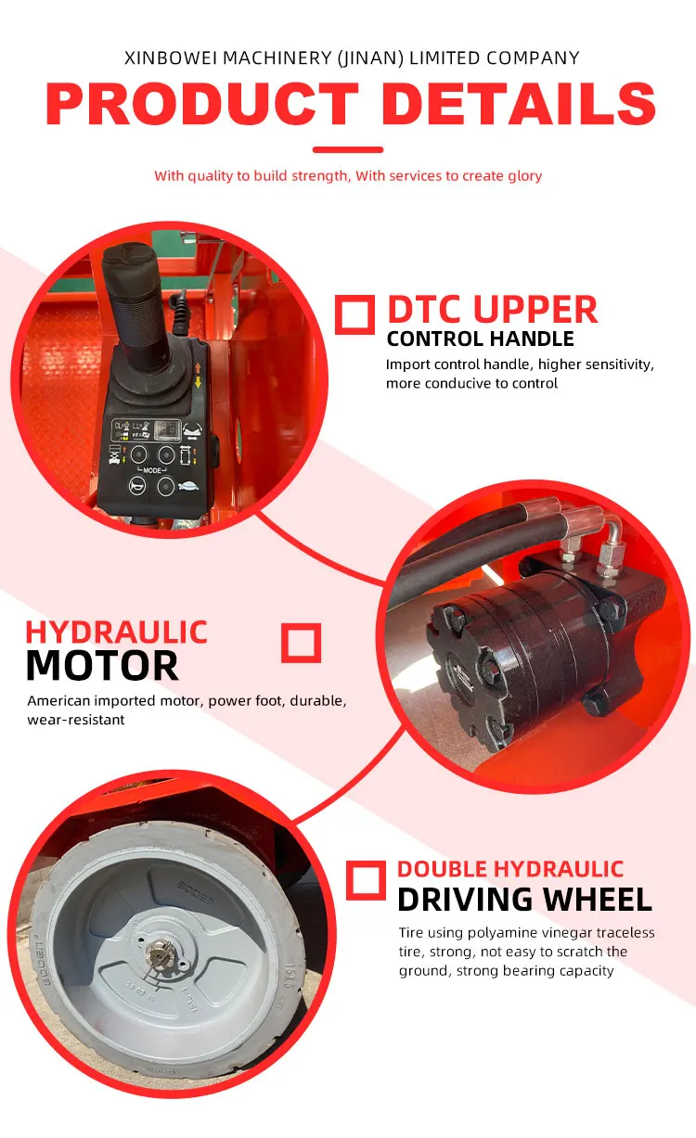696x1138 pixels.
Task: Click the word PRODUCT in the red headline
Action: [201, 103]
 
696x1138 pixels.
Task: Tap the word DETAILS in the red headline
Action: [519, 103]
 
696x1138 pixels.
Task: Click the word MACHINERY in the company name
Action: [277, 58]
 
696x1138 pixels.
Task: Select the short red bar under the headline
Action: [348, 149]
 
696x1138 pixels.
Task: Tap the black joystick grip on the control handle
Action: [135, 305]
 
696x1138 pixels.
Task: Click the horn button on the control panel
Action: [136, 486]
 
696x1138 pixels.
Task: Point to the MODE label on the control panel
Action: [152, 470]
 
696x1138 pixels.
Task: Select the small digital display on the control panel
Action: [167, 429]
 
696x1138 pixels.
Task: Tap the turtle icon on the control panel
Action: [188, 486]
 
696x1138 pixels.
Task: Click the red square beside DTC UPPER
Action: [354, 314]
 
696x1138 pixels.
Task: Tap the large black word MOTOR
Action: [102, 666]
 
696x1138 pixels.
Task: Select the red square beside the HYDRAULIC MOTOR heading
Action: [301, 643]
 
